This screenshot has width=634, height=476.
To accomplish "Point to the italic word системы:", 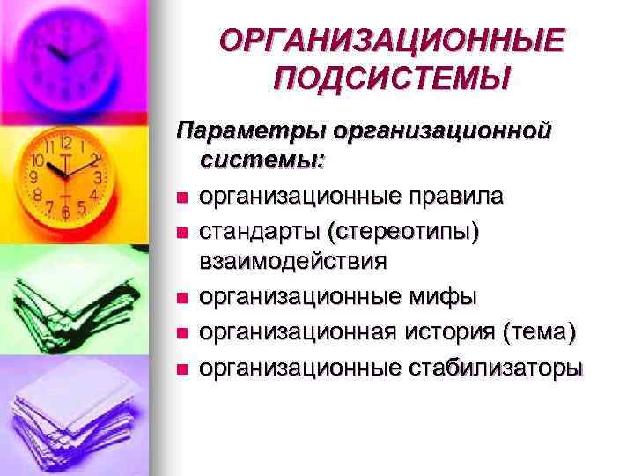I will click(262, 161).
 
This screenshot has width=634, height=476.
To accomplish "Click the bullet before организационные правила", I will click(181, 197).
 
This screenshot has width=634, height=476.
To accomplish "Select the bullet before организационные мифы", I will click(181, 299).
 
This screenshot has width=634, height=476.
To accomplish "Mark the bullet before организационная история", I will click(181, 333).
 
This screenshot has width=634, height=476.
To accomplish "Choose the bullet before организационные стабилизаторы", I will click(181, 368).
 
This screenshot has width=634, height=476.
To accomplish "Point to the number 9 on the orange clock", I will click(33, 177).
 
